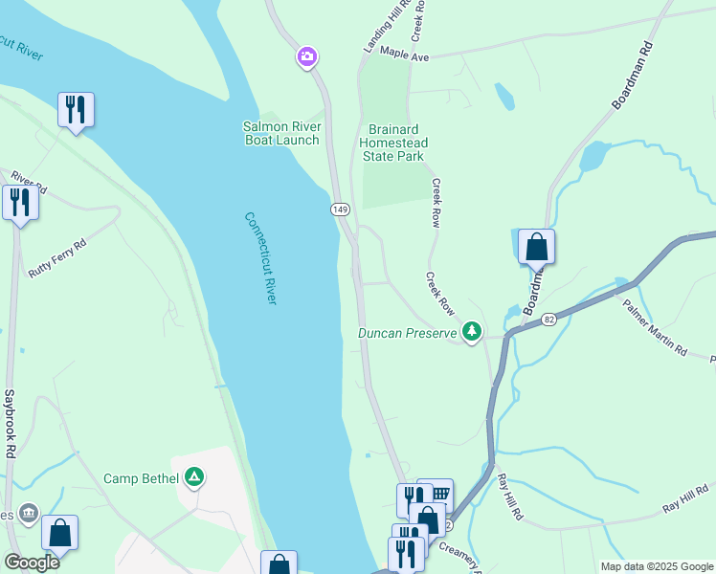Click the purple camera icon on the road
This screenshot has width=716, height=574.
[x=306, y=58]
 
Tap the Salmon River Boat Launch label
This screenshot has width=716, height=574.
[x=280, y=133]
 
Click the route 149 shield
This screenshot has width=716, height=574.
[x=339, y=209]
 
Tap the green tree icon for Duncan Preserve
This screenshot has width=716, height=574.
[x=471, y=332]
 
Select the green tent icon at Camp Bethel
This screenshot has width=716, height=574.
[x=194, y=476]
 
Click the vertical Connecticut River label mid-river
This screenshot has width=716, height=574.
[x=259, y=258]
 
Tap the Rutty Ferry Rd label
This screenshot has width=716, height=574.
[x=57, y=258]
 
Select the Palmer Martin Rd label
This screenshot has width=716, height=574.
[x=655, y=328]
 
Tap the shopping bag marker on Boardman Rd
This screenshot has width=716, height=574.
[x=537, y=247]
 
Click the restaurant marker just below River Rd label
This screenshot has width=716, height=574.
[x=19, y=203]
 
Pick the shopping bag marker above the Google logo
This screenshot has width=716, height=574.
[x=59, y=533]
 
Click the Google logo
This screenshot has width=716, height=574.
[x=32, y=563]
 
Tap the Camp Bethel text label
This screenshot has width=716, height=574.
[x=141, y=477]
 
